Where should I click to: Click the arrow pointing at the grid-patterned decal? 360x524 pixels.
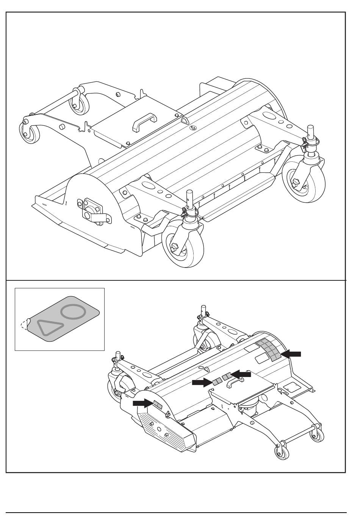291,354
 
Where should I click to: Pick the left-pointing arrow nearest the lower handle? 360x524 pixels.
241,374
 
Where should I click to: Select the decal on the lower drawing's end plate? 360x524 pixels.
157,405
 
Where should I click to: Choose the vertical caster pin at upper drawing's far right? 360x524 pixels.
311,133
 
